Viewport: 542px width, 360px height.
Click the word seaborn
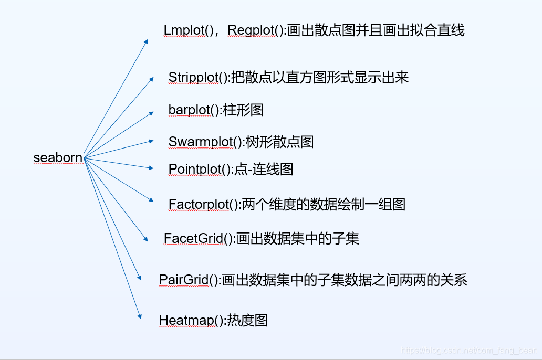[x=58, y=157]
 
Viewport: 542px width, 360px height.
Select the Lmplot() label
[x=188, y=30]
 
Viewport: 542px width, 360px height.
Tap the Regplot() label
[x=255, y=30]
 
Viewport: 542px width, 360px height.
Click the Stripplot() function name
[x=199, y=78]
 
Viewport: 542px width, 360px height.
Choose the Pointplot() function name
[x=200, y=170]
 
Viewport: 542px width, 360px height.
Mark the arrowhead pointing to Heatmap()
[x=140, y=316]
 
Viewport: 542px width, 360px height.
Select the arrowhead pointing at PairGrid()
[x=139, y=278]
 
